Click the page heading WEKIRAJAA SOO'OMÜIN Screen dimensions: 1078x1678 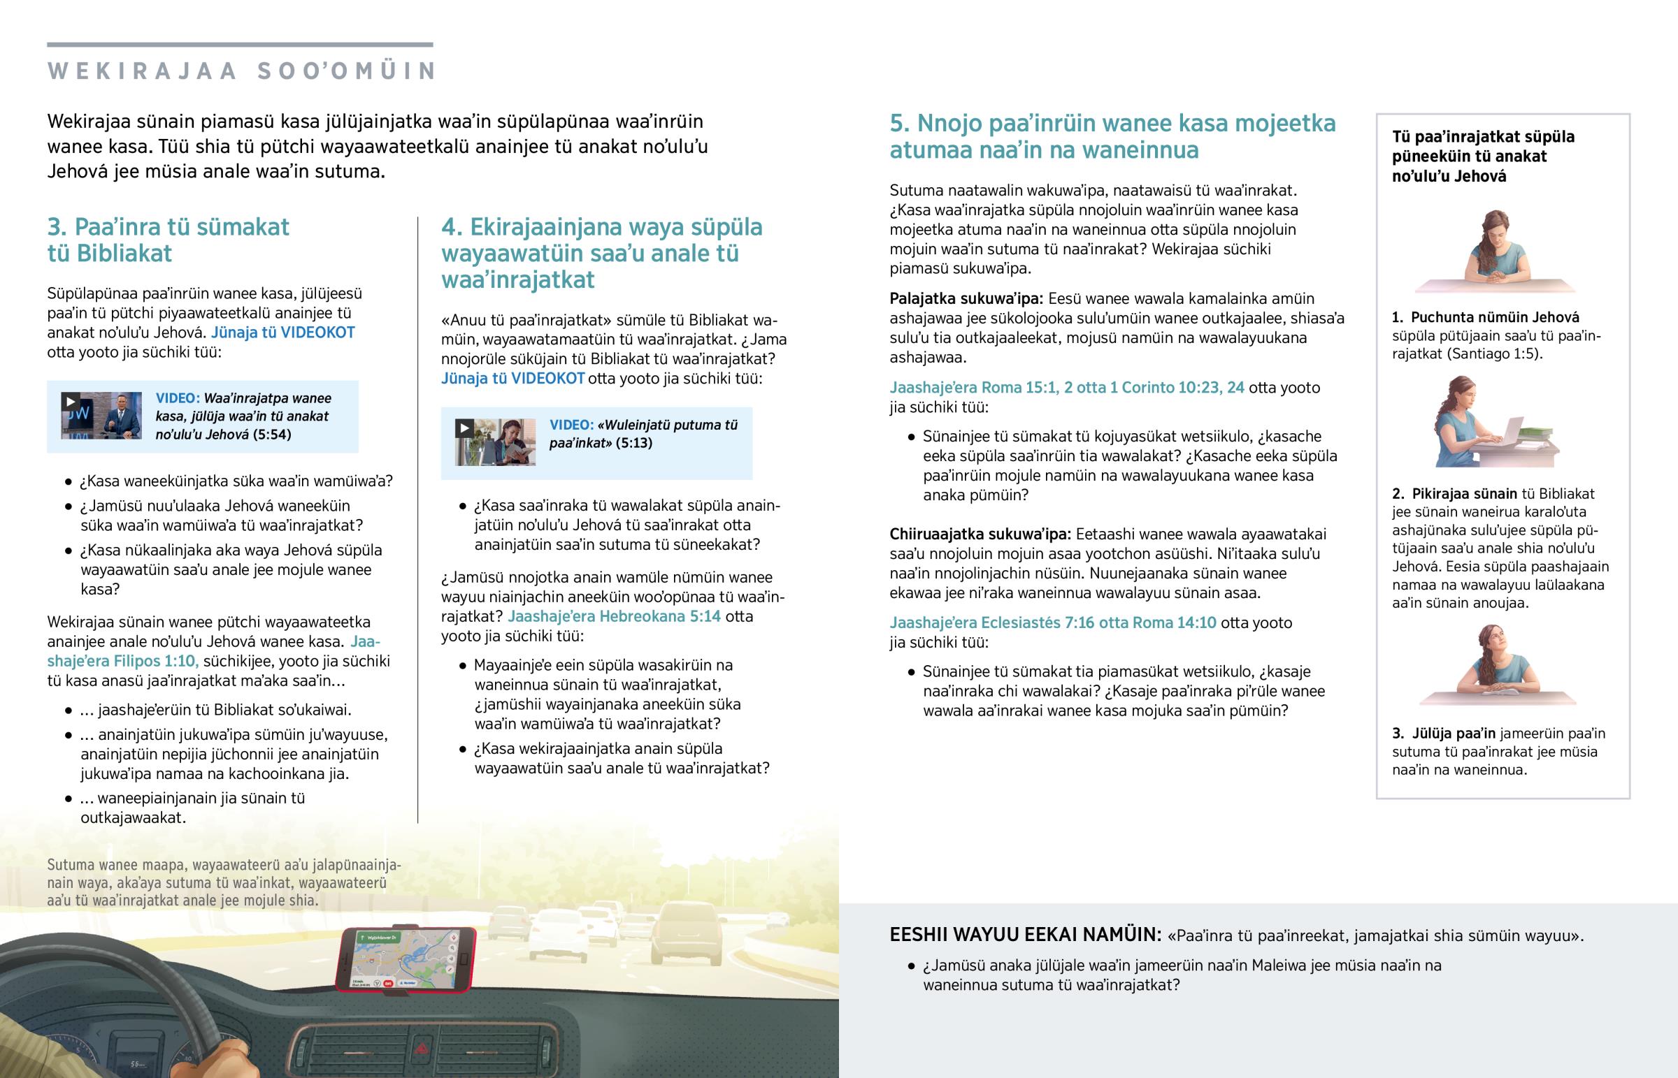(243, 71)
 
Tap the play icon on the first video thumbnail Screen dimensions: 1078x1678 (70, 401)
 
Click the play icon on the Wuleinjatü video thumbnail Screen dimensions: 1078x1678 (464, 428)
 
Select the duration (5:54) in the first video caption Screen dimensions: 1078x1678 (272, 435)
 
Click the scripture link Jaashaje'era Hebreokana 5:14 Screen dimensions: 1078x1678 (613, 617)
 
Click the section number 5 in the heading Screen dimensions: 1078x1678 (899, 123)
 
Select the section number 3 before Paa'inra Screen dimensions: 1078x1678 (56, 227)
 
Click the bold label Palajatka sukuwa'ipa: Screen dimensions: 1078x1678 (966, 299)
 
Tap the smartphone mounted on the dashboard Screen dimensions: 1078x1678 (406, 959)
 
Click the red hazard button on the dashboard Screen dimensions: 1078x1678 (422, 1048)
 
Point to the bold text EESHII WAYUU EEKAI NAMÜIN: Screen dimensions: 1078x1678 (1025, 935)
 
